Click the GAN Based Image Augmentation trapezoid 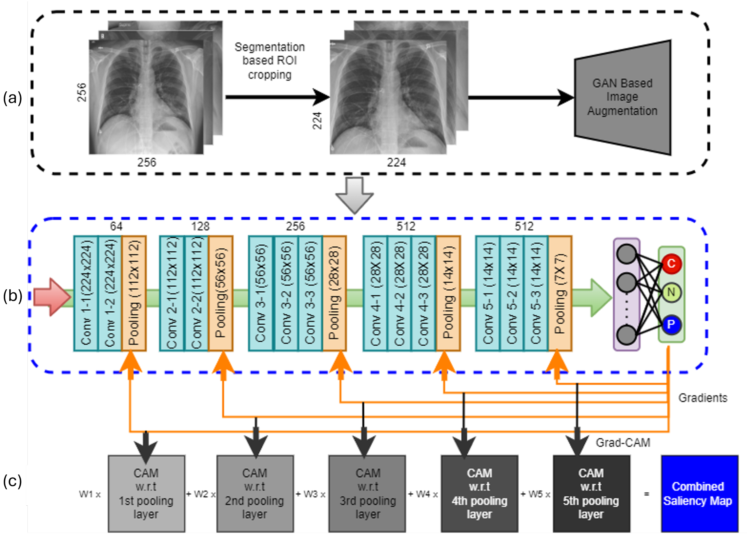622,97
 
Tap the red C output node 671,263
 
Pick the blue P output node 671,325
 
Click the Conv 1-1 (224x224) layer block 86,293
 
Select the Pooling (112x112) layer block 134,293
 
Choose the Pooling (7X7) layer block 560,293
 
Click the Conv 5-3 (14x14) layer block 536,293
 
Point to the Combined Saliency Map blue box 699,494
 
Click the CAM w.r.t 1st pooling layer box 146,494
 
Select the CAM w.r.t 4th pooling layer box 480,494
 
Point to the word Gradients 703,398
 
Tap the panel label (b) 13,296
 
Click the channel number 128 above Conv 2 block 200,227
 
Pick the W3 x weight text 311,494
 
